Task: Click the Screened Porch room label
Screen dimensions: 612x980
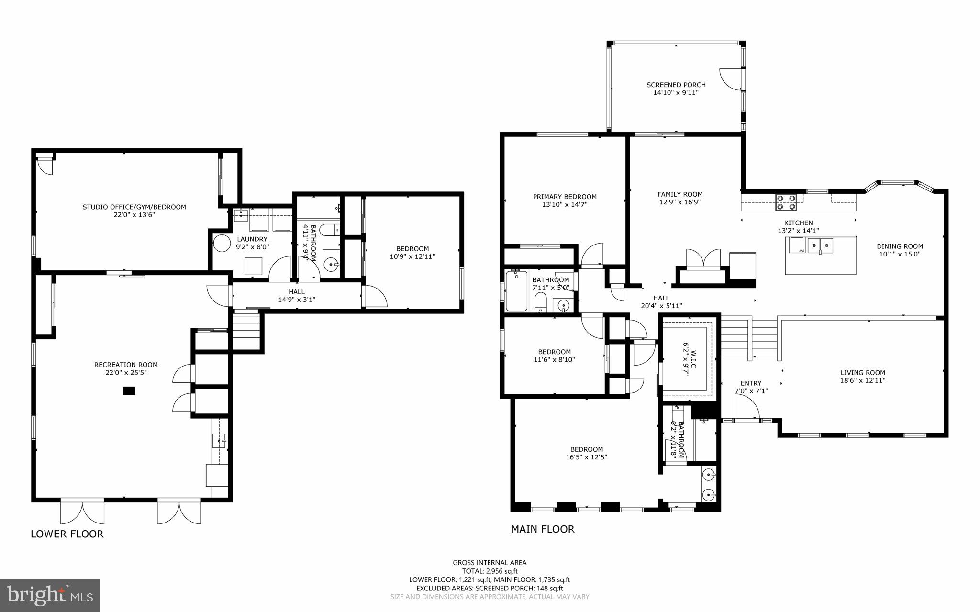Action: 676,85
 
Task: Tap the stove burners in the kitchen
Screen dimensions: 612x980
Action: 786,202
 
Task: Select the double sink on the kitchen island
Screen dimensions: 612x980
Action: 820,245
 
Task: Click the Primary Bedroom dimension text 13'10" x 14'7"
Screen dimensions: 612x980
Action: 565,204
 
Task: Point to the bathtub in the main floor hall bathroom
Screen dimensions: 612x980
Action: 516,291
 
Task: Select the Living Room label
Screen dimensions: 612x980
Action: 863,373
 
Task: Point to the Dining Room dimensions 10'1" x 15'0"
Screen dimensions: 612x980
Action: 900,254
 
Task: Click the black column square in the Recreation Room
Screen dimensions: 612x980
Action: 129,391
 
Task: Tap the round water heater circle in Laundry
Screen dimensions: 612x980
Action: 222,243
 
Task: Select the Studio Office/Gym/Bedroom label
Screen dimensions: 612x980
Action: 134,207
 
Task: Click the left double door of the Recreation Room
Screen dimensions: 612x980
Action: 82,511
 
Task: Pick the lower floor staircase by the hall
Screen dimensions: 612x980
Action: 246,330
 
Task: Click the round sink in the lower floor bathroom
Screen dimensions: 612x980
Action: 331,263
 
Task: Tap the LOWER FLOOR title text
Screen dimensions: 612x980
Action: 67,534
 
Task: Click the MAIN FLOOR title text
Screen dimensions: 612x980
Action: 543,529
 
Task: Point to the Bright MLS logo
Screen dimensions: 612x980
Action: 50,595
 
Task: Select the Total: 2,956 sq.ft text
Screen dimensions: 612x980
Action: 490,571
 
